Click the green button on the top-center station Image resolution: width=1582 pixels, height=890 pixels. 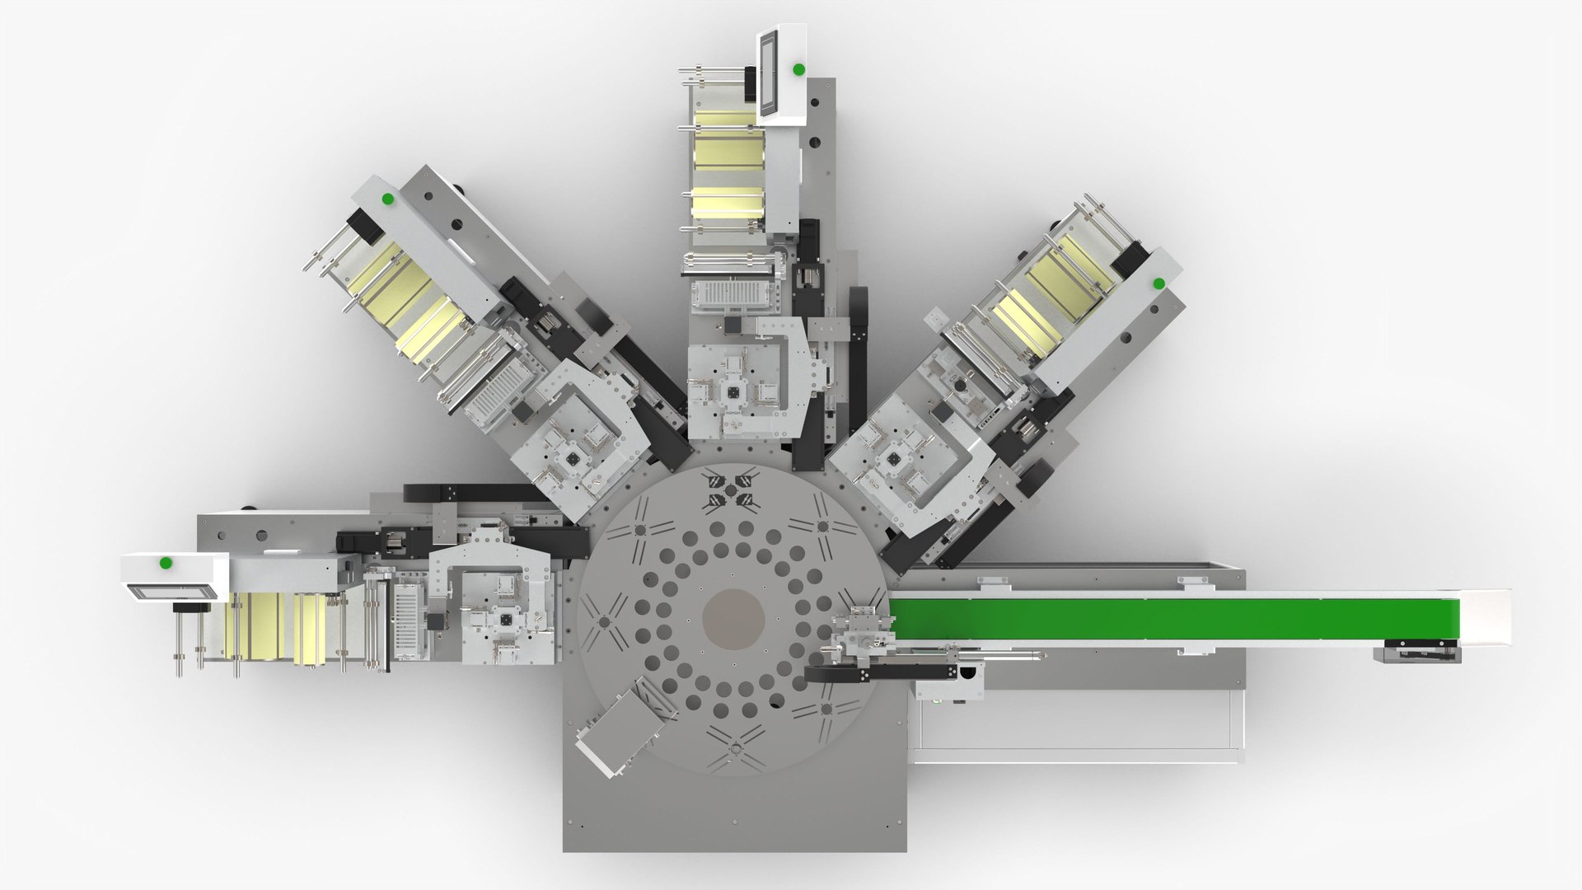click(798, 69)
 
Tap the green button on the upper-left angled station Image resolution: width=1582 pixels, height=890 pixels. click(386, 199)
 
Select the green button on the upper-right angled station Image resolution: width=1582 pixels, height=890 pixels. click(1158, 283)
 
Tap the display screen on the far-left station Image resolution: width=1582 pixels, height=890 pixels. click(172, 590)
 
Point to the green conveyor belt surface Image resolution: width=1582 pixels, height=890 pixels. click(1170, 619)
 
